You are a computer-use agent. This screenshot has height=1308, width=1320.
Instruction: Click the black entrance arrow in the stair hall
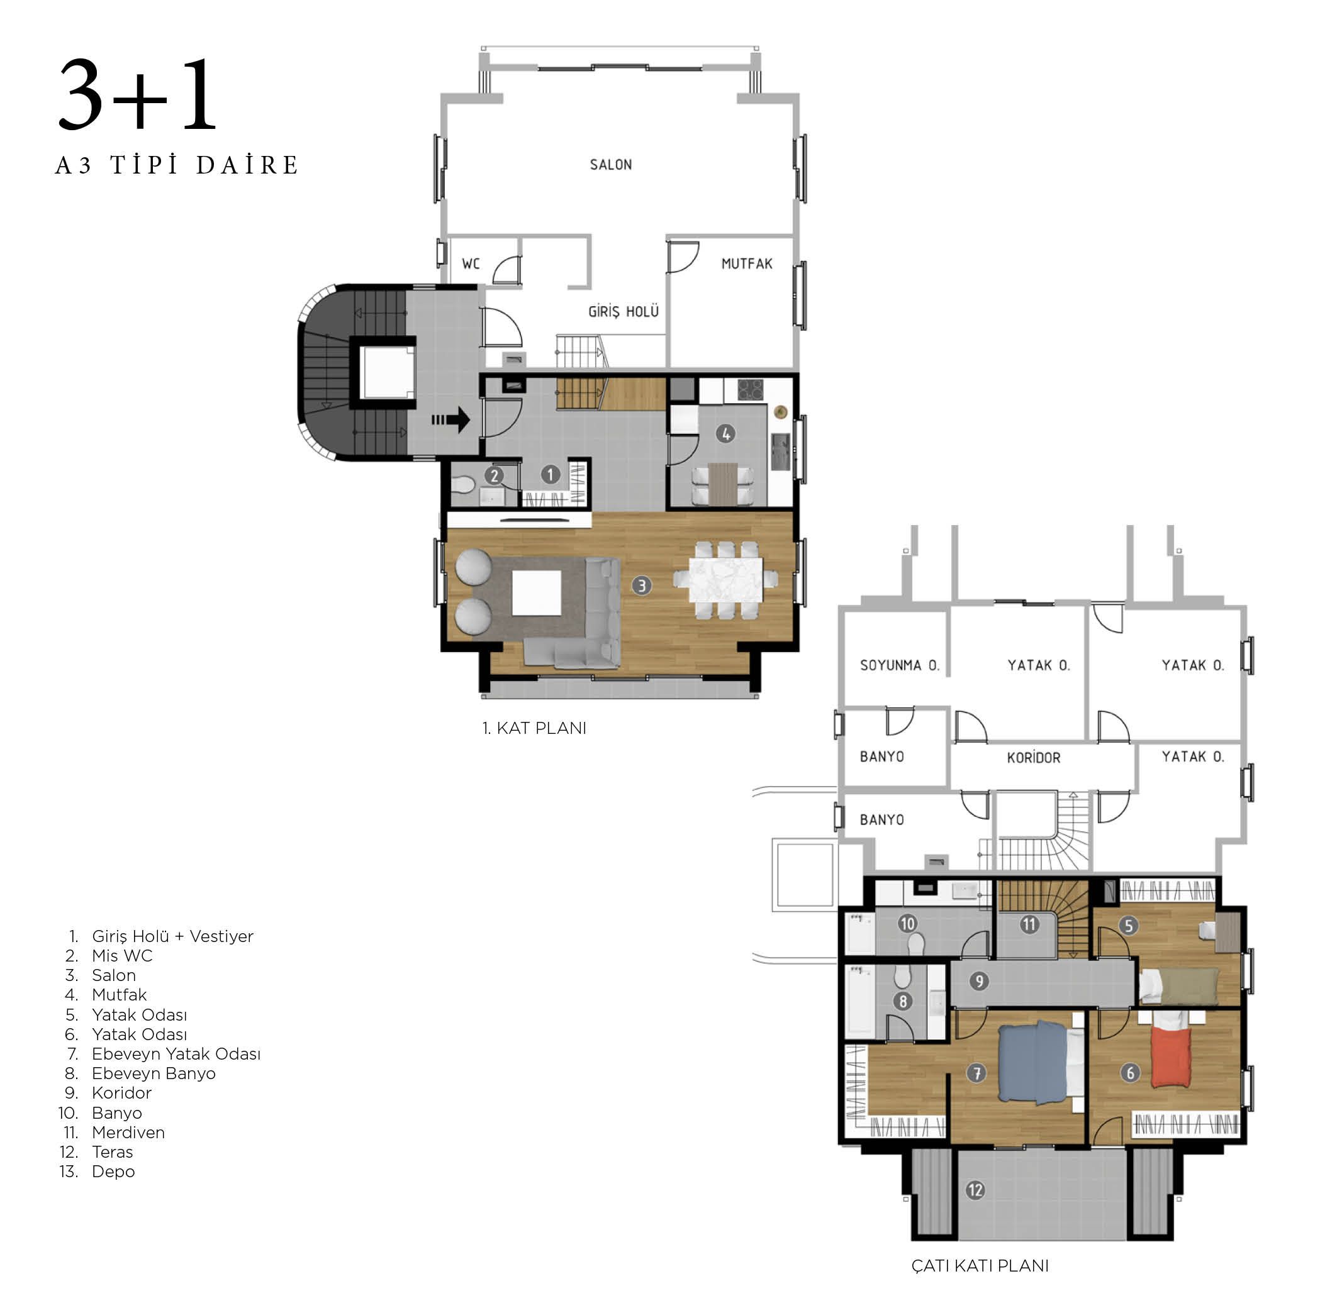pos(451,419)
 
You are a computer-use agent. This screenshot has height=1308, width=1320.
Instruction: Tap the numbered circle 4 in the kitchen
pos(725,434)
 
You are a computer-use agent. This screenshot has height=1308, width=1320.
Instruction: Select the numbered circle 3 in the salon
pos(642,585)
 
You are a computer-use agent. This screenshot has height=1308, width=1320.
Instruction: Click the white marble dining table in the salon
pos(725,580)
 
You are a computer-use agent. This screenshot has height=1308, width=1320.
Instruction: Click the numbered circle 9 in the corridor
pos(979,982)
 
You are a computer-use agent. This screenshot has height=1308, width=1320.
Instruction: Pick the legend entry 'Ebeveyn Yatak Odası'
pos(176,1054)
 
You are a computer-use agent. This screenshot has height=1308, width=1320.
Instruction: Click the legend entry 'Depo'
pos(113,1172)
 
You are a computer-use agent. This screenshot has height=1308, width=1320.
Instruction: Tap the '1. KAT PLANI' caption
pos(534,728)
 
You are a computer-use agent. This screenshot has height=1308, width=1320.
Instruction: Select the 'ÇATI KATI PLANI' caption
pos(980,1266)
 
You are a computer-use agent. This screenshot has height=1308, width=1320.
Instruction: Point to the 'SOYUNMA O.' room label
pos(900,665)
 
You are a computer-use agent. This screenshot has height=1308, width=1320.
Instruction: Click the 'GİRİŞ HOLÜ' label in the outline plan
pos(624,311)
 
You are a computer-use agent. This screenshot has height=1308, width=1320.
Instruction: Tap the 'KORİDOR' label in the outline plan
pos(1034,758)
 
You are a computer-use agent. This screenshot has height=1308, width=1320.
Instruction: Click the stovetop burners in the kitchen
pos(750,389)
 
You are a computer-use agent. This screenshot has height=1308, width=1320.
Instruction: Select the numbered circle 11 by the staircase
pos(1029,925)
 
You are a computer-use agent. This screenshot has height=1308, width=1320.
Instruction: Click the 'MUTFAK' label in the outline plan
pos(747,263)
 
